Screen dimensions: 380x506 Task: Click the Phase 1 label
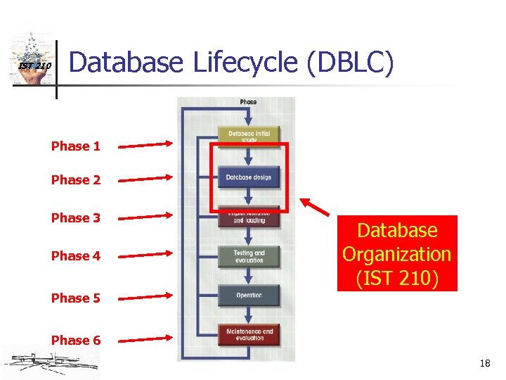coord(75,146)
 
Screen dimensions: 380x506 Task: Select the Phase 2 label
coord(75,180)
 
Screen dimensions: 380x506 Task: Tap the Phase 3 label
coord(75,218)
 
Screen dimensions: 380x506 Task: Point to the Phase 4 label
coord(75,256)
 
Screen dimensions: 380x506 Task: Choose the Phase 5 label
coord(75,298)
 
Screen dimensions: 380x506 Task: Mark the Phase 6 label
coord(75,341)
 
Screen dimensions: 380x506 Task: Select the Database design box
coord(249,177)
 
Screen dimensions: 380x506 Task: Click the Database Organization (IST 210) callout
coord(396,253)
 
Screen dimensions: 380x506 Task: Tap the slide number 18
coord(484,364)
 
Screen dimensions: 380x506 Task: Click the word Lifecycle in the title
coord(243,63)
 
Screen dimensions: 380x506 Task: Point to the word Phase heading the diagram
coord(248,102)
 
